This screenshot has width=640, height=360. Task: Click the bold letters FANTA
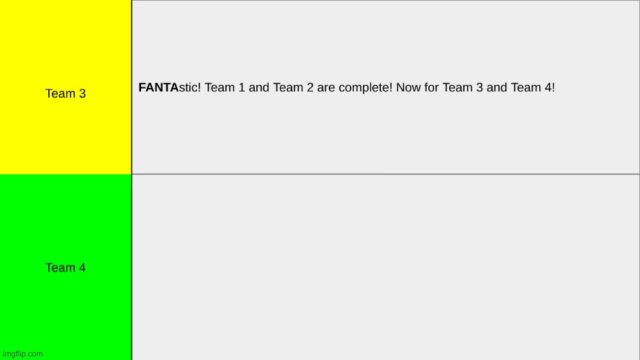[158, 88]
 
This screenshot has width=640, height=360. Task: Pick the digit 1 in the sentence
[241, 88]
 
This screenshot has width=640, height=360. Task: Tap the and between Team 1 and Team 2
[259, 88]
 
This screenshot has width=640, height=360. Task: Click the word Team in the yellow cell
[60, 94]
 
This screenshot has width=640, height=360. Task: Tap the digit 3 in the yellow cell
[82, 94]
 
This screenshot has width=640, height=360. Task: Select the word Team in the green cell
[60, 268]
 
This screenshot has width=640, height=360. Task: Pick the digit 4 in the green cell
[82, 268]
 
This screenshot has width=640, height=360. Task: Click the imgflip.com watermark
[23, 354]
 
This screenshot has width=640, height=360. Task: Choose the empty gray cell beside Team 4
[386, 267]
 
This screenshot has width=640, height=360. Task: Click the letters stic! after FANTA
[190, 88]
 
